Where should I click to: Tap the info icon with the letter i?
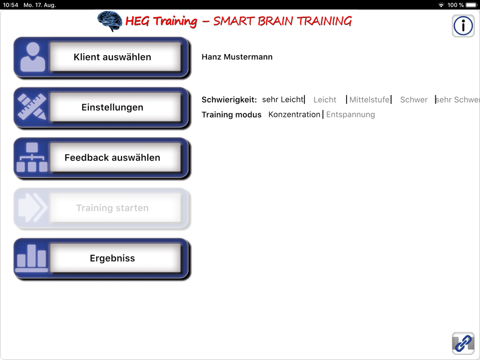click(x=463, y=26)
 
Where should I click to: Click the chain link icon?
click(x=463, y=343)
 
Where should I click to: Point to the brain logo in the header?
click(x=109, y=21)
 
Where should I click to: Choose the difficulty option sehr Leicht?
click(x=283, y=99)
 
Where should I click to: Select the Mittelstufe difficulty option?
click(x=369, y=99)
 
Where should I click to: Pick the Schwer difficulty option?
click(x=414, y=100)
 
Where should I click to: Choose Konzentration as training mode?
click(x=294, y=115)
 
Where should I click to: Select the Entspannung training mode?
click(x=350, y=115)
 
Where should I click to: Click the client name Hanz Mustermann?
click(x=237, y=57)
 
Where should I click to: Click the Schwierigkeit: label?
click(x=229, y=100)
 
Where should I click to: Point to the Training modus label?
click(x=231, y=115)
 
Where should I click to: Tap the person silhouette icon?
click(x=33, y=57)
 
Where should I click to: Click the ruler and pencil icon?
click(x=32, y=107)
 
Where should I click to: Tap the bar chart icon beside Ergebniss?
click(x=32, y=258)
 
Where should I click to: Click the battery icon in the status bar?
click(x=471, y=5)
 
